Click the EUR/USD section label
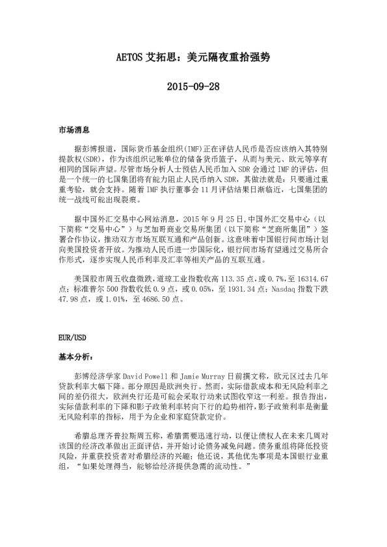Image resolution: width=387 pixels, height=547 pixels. tap(70, 339)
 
